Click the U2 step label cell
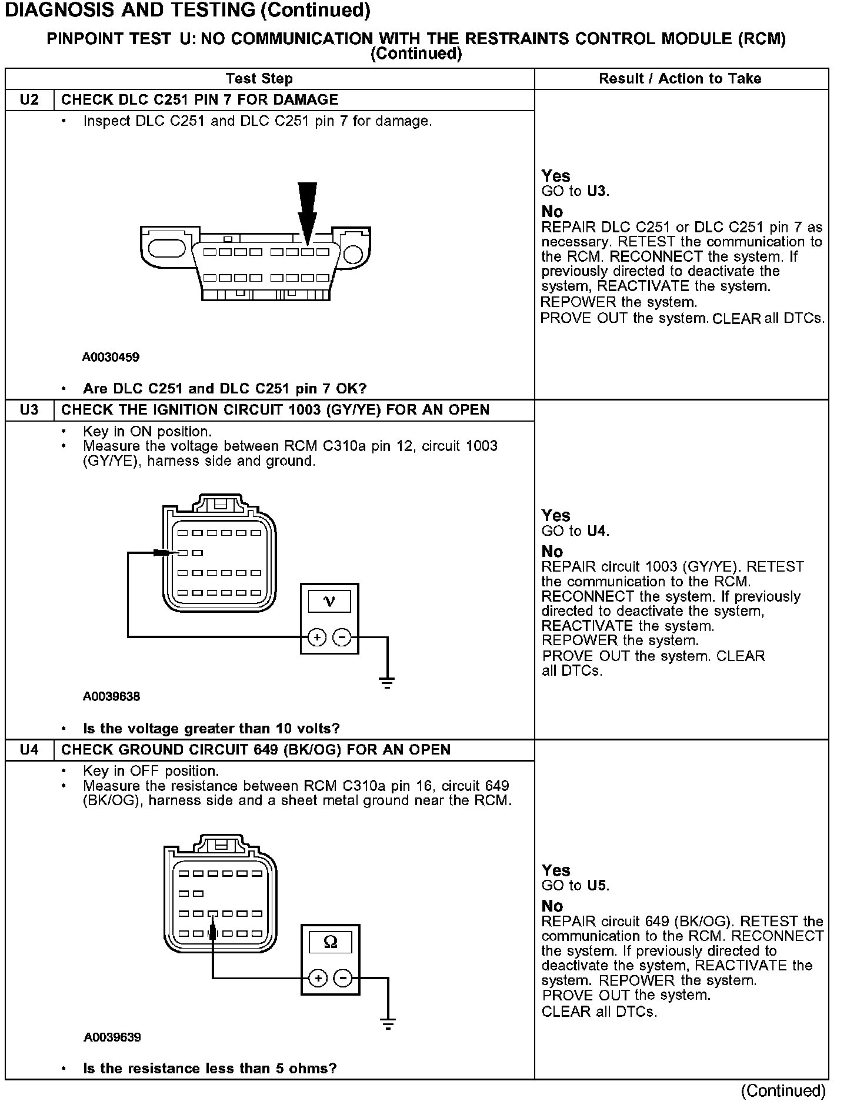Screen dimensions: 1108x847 29,100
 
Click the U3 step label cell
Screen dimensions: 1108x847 29,410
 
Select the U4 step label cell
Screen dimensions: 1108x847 29,750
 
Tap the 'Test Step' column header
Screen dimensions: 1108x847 259,79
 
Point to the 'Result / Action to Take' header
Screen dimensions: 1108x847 680,79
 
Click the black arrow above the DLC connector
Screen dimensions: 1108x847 307,212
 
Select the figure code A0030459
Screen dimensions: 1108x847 111,357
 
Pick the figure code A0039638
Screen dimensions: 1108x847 111,697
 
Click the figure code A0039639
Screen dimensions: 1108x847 112,1037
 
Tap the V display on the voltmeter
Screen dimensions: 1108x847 329,601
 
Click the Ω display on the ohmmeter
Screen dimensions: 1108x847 331,942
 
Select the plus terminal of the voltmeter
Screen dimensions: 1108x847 317,637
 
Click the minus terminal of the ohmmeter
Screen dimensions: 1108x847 343,978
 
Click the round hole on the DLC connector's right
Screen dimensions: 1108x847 353,254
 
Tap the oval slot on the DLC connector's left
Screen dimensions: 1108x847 166,248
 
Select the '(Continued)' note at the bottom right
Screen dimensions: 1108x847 783,1092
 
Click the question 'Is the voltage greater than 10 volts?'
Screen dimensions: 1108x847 211,729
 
